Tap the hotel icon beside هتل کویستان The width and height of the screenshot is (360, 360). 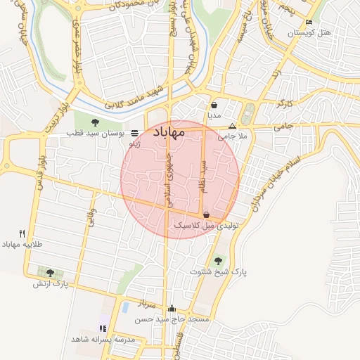pyautogui.click(x=309, y=22)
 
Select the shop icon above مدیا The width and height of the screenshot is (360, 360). pyautogui.click(x=214, y=105)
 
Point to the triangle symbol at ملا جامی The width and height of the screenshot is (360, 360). pyautogui.click(x=233, y=126)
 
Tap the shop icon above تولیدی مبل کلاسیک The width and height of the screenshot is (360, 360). pyautogui.click(x=206, y=215)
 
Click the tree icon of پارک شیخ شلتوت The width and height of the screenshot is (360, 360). pyautogui.click(x=217, y=260)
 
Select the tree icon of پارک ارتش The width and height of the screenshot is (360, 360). pyautogui.click(x=49, y=273)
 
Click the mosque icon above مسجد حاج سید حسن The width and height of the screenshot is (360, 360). pyautogui.click(x=172, y=308)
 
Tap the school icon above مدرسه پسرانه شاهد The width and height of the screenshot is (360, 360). pyautogui.click(x=103, y=328)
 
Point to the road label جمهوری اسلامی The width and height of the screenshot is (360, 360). pyautogui.click(x=168, y=181)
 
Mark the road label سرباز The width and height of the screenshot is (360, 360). pyautogui.click(x=146, y=304)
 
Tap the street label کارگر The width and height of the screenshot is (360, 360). pyautogui.click(x=285, y=103)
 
